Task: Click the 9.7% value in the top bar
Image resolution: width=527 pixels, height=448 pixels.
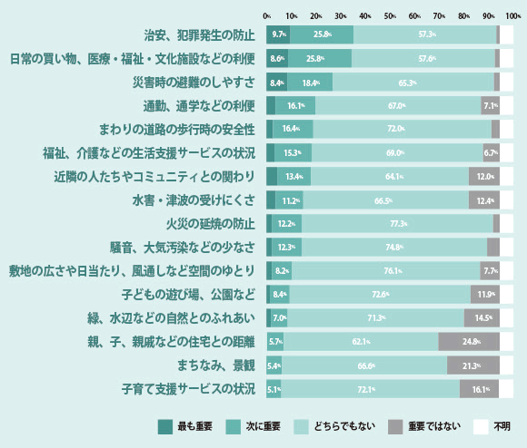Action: coord(279,34)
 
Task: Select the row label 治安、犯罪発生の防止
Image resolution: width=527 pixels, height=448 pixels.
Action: coord(200,35)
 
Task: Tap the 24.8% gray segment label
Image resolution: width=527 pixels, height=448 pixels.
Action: coord(471,342)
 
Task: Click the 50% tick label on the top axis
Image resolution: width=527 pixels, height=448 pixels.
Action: coord(390,15)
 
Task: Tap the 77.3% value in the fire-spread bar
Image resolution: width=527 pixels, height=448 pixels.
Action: coord(397,224)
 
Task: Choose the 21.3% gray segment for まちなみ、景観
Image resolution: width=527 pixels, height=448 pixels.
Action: coord(472,365)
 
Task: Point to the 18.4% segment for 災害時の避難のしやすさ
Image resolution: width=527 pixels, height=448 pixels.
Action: coord(311,83)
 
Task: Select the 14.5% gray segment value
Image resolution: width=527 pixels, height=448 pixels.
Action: coord(482,318)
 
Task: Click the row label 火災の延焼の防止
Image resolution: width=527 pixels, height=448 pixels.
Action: coord(206,224)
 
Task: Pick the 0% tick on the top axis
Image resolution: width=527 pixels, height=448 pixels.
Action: coord(266,15)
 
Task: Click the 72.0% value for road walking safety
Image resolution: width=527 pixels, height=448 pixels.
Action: coord(395,130)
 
